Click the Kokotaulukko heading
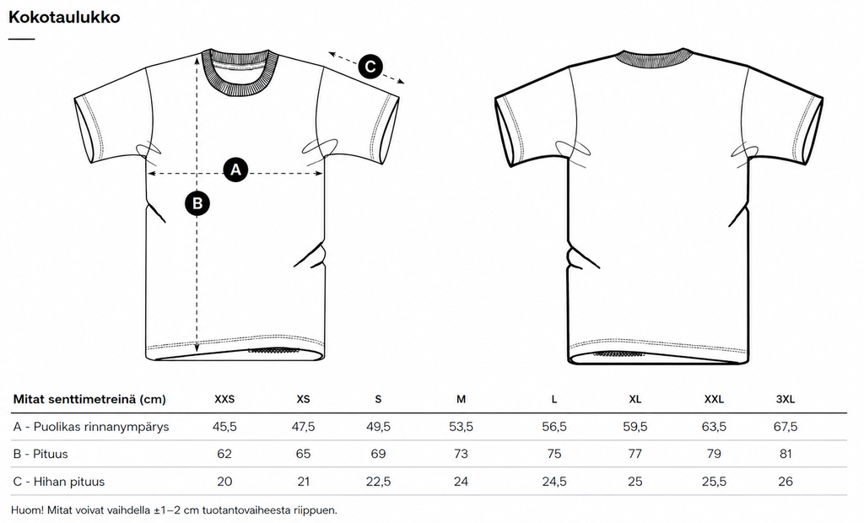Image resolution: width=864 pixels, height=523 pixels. click(x=64, y=17)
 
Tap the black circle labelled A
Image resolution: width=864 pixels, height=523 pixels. click(x=235, y=170)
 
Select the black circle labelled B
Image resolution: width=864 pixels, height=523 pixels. click(x=197, y=203)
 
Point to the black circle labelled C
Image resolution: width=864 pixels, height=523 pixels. click(x=370, y=67)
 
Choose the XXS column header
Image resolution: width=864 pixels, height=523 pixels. click(x=224, y=400)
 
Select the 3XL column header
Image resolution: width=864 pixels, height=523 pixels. click(x=786, y=400)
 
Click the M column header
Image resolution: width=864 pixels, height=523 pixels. click(x=462, y=400)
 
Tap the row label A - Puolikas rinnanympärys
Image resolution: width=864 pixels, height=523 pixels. click(x=91, y=427)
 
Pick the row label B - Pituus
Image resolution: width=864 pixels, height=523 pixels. click(x=40, y=454)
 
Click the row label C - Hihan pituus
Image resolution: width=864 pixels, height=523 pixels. click(x=58, y=482)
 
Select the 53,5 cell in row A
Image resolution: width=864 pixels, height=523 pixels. click(x=462, y=427)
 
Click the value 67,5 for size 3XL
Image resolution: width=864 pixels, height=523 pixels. click(x=786, y=427)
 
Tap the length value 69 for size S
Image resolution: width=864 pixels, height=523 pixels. click(x=378, y=454)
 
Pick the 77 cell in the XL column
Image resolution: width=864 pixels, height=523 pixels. click(x=634, y=454)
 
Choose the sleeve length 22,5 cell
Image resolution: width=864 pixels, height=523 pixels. click(x=378, y=482)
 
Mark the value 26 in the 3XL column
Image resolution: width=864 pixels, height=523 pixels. click(x=786, y=482)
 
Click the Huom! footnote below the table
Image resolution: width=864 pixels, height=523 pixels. click(x=174, y=510)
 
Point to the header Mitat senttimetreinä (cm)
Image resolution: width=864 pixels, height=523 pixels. click(x=89, y=400)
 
